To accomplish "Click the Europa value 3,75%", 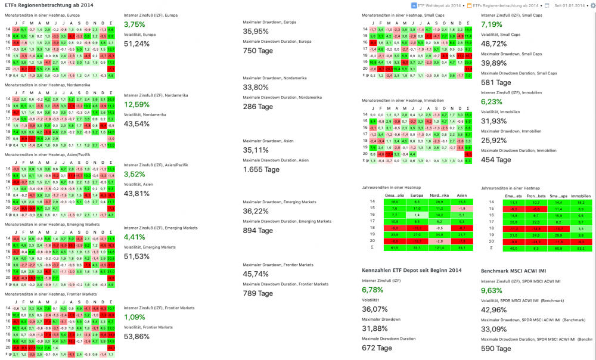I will click(x=134, y=24).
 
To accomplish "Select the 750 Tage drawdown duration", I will click(x=258, y=51).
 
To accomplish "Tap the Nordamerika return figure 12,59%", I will click(x=136, y=104).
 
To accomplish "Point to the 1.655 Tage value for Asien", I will click(x=261, y=169).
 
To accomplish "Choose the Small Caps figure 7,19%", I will click(x=492, y=24).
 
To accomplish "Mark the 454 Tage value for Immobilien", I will click(x=496, y=160).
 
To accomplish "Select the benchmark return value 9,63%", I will click(x=492, y=290).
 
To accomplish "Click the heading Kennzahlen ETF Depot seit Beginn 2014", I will click(x=412, y=271).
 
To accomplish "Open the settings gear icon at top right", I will click(x=592, y=5).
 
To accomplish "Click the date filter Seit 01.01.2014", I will click(x=570, y=5).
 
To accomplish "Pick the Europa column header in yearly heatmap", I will click(x=417, y=195).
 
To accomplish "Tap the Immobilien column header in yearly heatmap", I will click(x=581, y=195).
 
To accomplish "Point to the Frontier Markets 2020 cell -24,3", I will click(x=535, y=241).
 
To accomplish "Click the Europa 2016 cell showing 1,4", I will click(x=417, y=215).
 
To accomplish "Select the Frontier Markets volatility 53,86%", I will click(x=136, y=336).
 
